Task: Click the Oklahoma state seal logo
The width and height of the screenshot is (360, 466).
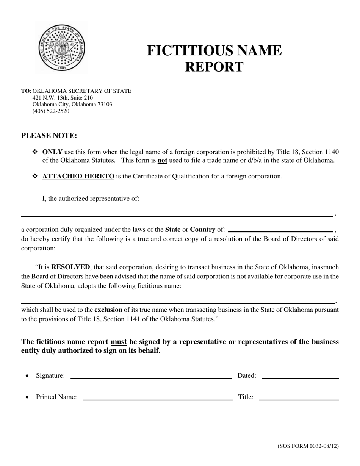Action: [62, 47]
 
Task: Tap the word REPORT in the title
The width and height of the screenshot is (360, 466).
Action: [214, 67]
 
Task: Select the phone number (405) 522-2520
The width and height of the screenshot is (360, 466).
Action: [51, 111]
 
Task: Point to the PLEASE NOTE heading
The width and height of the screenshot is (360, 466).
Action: [49, 136]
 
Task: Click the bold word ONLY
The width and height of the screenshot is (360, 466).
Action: [52, 152]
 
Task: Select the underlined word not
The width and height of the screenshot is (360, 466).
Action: [162, 160]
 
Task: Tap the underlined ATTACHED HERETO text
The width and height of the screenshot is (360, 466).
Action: [78, 176]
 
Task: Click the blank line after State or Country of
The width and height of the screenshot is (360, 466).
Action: [280, 230]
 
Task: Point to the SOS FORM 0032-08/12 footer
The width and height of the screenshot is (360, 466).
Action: [308, 446]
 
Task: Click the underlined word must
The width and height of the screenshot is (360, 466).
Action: [119, 342]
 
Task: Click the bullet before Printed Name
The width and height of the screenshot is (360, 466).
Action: [27, 397]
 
